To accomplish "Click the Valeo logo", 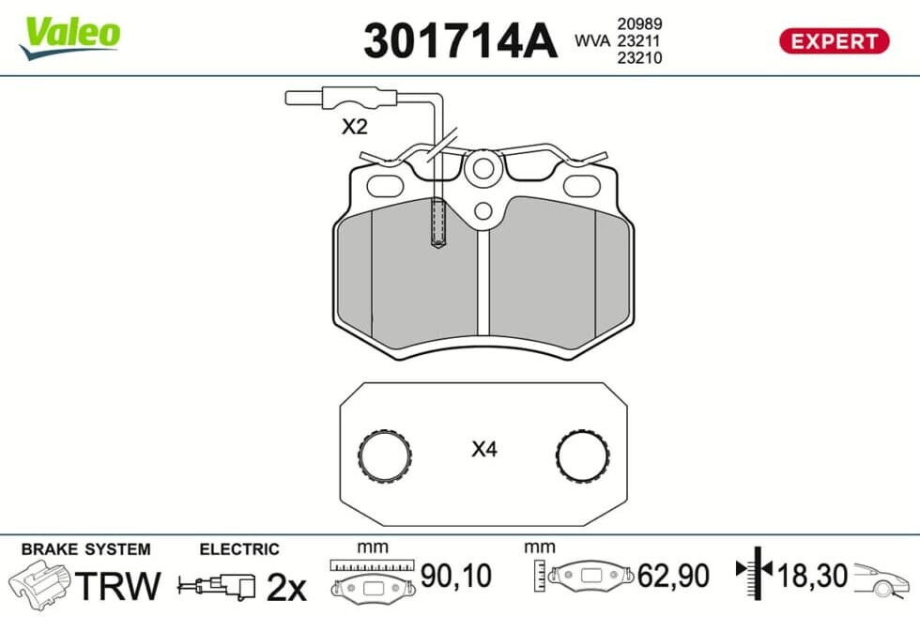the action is (x=70, y=38).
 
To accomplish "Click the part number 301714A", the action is (x=460, y=41).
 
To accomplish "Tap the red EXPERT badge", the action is (x=834, y=41).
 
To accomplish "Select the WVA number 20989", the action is (x=639, y=23).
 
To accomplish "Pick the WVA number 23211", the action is (x=638, y=40).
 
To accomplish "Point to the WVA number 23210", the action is (x=639, y=57).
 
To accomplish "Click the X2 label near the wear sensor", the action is (x=355, y=126).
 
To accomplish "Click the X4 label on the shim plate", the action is (x=484, y=449).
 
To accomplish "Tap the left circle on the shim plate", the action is (x=384, y=455).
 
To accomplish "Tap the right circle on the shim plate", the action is (x=583, y=455).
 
